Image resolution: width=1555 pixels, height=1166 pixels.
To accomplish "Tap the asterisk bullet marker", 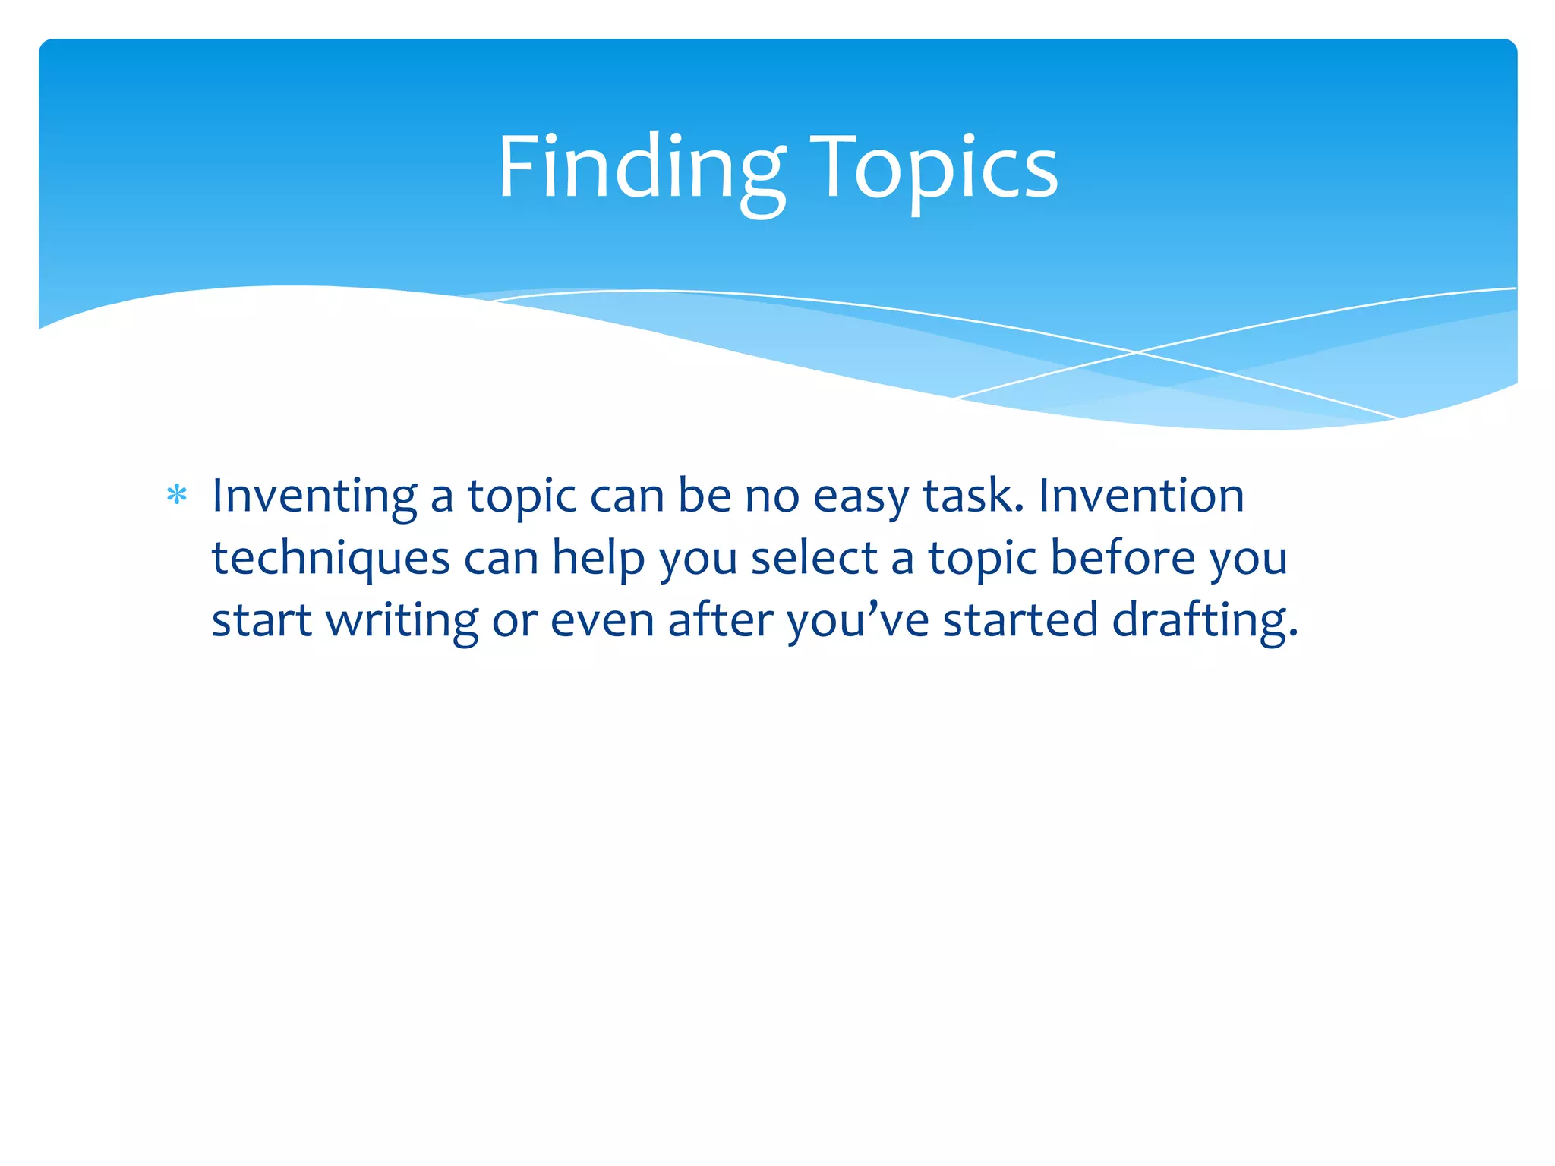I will coord(177,496).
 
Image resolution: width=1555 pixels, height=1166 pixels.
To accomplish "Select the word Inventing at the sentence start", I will coord(314,496).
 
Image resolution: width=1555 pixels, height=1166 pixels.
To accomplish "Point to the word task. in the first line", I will coord(973,496).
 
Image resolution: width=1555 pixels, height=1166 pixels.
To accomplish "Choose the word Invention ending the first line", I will coord(1141,496).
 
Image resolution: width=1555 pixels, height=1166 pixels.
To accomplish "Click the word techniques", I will coord(330,558).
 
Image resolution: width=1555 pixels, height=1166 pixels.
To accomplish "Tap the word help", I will coord(598,558).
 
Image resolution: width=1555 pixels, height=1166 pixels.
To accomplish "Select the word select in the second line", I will coord(813,558).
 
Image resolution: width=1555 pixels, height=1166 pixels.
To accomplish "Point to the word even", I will coord(601,620).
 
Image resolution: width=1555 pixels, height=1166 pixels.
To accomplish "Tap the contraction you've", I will coord(857,620).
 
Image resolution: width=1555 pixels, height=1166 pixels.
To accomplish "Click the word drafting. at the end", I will coord(1205,620).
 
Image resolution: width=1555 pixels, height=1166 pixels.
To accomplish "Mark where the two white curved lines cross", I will coord(1137,352).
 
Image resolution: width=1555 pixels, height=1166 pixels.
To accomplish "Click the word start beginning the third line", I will coord(261,620).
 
